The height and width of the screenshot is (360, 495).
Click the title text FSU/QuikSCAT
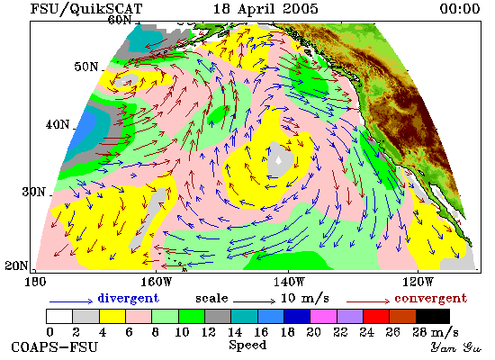(x=86, y=8)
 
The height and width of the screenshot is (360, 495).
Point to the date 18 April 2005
(x=265, y=8)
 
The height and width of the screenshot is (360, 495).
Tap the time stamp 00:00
(x=460, y=8)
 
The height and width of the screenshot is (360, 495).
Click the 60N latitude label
(x=120, y=20)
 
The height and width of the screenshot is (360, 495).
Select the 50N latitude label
(x=85, y=67)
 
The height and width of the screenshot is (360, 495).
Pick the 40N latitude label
(x=58, y=124)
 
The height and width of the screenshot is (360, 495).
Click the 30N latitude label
(x=33, y=192)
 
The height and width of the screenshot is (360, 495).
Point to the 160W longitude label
(x=157, y=282)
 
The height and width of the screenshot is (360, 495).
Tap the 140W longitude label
(x=289, y=282)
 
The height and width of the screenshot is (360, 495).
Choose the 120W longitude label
(x=418, y=282)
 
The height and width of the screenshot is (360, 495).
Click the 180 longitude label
(x=35, y=282)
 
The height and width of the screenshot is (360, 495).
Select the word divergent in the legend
(x=128, y=298)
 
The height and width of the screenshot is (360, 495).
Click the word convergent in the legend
(x=430, y=298)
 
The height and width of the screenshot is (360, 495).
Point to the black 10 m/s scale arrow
(x=255, y=301)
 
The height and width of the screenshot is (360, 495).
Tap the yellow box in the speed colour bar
(x=112, y=316)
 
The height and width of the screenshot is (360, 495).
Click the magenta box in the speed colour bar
(x=323, y=316)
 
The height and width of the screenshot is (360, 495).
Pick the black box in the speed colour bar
(x=433, y=316)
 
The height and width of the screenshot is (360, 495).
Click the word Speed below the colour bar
(x=247, y=346)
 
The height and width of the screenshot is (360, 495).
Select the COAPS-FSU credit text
(x=54, y=346)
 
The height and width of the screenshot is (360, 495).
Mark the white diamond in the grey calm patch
(x=278, y=161)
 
